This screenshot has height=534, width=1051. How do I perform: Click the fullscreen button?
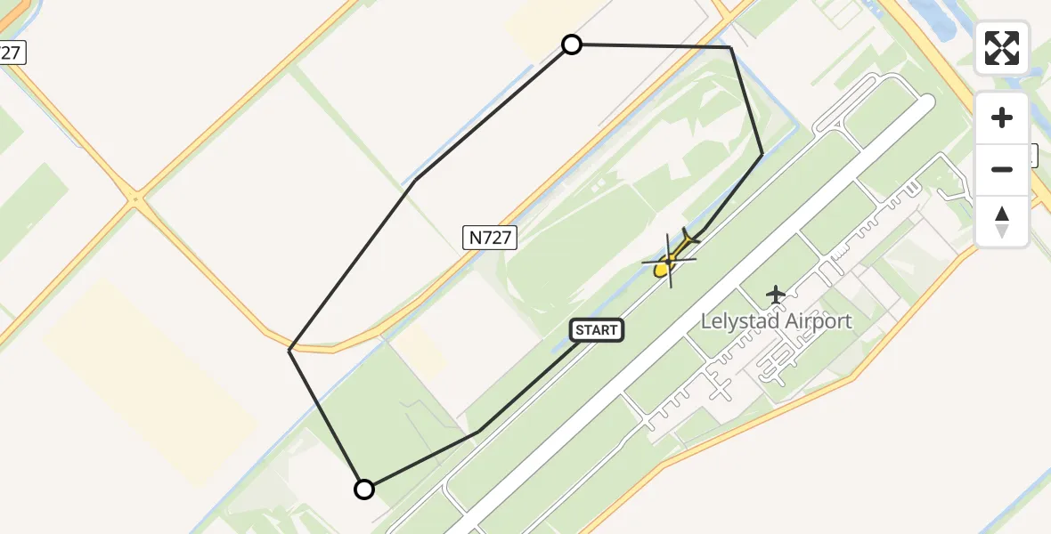click(1002, 48)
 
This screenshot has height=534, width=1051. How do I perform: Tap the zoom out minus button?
click(1002, 169)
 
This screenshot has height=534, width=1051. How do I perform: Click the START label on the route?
click(596, 330)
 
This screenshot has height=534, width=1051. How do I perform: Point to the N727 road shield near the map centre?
click(490, 237)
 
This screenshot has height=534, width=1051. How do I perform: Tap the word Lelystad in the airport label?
click(739, 321)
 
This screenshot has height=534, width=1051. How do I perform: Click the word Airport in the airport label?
click(818, 321)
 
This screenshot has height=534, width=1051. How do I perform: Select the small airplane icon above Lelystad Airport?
click(777, 294)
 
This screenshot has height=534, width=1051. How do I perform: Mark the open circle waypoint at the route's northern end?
click(572, 44)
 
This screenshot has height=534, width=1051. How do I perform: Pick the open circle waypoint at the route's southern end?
click(364, 489)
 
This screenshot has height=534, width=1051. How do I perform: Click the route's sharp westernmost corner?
click(289, 350)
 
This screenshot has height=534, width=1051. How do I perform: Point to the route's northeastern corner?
click(730, 47)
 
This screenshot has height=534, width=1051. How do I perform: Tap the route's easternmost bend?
click(762, 155)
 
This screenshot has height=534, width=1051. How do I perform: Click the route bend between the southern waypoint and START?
click(479, 432)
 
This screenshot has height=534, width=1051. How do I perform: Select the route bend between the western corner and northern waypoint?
click(414, 181)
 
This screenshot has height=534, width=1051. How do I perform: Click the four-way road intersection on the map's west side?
click(135, 198)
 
